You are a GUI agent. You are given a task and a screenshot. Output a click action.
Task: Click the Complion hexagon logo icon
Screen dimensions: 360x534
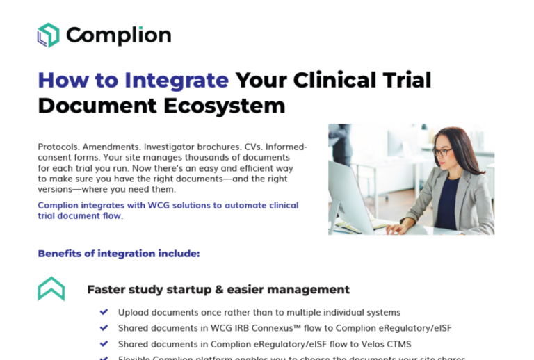tap(49, 35)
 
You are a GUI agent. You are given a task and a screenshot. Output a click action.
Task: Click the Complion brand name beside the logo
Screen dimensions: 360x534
tap(118, 35)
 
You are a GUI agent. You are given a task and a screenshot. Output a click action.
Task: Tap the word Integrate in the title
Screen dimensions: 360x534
tap(176, 80)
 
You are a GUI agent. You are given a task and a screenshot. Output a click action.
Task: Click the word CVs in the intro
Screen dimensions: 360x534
tap(252, 147)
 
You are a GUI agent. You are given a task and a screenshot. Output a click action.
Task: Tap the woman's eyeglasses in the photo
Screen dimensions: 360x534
tap(442, 152)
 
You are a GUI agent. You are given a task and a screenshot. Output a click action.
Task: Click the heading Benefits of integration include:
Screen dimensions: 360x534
tap(119, 254)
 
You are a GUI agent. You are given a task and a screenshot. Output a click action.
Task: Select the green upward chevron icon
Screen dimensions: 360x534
tap(51, 288)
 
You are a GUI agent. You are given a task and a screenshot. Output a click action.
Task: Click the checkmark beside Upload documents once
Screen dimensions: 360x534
tap(104, 312)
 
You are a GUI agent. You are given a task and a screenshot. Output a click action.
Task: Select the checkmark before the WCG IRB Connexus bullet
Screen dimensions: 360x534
tap(104, 328)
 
